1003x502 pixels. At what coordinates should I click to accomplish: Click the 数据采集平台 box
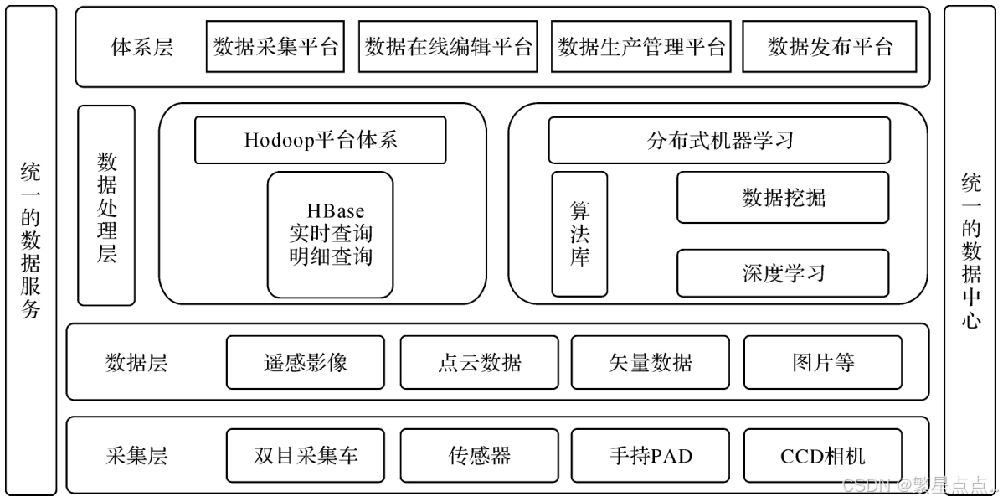(x=275, y=47)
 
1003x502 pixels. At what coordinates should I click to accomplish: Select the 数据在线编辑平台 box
(x=449, y=47)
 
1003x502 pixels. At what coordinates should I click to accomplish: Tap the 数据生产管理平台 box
(x=640, y=47)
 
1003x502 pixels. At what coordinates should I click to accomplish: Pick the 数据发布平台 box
(x=830, y=47)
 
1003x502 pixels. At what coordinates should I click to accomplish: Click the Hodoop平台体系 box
(x=320, y=140)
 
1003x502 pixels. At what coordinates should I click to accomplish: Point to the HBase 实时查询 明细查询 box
(x=330, y=235)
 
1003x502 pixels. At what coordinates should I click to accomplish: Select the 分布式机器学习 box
(x=719, y=140)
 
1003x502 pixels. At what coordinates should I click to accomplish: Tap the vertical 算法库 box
(x=579, y=234)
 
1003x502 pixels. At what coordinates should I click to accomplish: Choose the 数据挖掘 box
(x=783, y=198)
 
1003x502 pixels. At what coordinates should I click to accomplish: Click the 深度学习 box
(x=783, y=273)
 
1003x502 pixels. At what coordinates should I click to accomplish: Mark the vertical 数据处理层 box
(x=106, y=205)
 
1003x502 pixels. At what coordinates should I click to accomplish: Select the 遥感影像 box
(x=305, y=362)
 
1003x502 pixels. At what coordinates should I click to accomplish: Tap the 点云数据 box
(x=479, y=362)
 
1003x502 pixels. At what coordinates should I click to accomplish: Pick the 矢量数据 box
(x=650, y=362)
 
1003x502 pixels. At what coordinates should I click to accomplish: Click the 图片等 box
(x=822, y=362)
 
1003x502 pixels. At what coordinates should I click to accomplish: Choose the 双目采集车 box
(x=305, y=456)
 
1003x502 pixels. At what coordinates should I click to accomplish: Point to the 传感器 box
(x=479, y=456)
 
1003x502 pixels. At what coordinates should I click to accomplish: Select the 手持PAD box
(x=650, y=456)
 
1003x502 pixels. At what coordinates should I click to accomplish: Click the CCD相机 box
(x=822, y=456)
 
